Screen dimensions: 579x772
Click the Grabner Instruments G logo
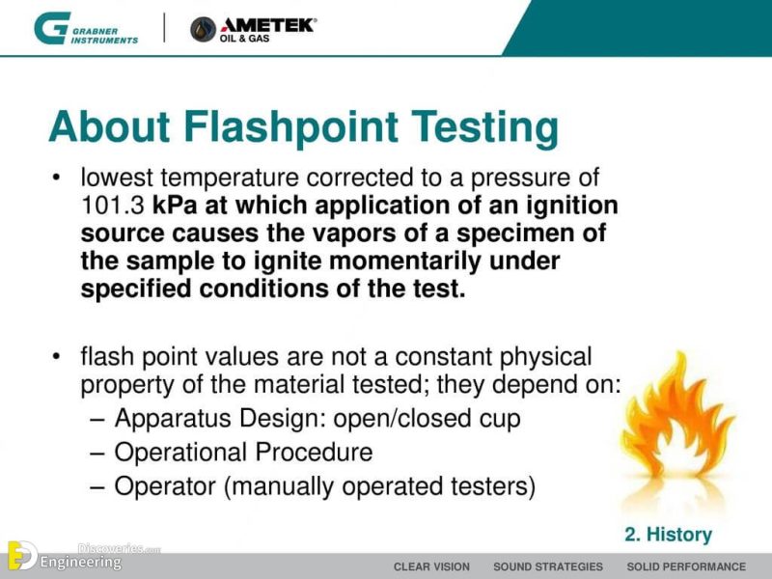(50, 28)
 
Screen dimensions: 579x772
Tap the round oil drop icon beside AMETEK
(204, 30)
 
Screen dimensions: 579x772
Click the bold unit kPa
(174, 206)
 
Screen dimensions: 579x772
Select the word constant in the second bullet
(458, 357)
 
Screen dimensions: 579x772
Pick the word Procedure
(314, 452)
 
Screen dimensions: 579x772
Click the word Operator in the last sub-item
(165, 485)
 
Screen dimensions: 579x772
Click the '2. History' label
(668, 535)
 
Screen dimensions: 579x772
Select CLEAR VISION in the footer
(431, 566)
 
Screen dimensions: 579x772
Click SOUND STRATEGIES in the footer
(547, 566)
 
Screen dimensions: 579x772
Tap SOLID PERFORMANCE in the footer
(686, 566)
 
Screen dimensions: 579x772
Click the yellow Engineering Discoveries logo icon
(21, 557)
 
